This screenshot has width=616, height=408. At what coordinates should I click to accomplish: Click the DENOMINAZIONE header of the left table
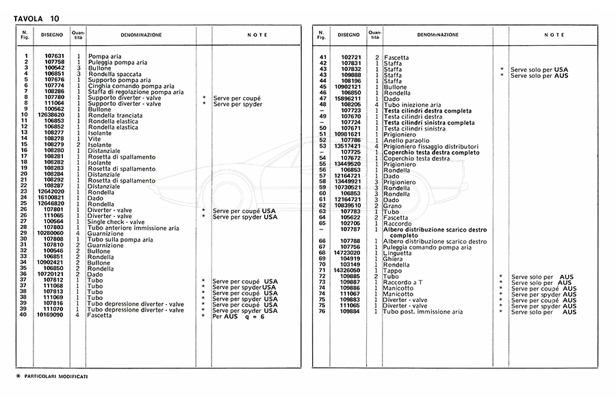point(142,34)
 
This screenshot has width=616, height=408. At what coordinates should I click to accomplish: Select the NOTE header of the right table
point(554,34)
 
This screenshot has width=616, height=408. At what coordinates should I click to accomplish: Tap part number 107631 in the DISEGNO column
point(54,56)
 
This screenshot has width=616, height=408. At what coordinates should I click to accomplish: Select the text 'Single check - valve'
point(116,221)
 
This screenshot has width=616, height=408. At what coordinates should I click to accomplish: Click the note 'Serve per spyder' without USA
point(237,104)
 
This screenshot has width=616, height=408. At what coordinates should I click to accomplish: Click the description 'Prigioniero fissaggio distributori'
point(431,146)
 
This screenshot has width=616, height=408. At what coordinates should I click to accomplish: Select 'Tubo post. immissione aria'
point(423,312)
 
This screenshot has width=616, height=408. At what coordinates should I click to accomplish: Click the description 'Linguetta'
point(398,253)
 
